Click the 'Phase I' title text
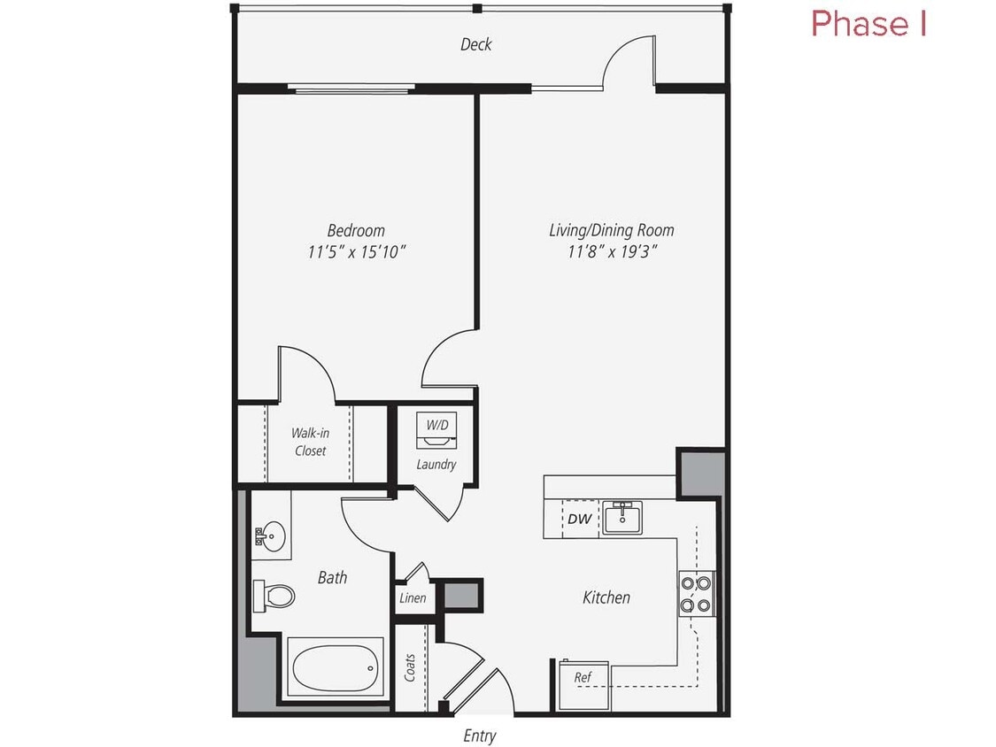point(869,24)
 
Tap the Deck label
point(475,44)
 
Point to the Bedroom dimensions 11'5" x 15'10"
point(357,252)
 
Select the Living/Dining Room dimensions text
point(612,252)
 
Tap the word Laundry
point(436,464)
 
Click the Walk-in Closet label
point(310,442)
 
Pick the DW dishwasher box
point(580,519)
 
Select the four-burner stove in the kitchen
point(697,594)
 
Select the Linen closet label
point(413,598)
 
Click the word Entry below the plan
point(480,735)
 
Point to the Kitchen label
point(606,597)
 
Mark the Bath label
point(332,577)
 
